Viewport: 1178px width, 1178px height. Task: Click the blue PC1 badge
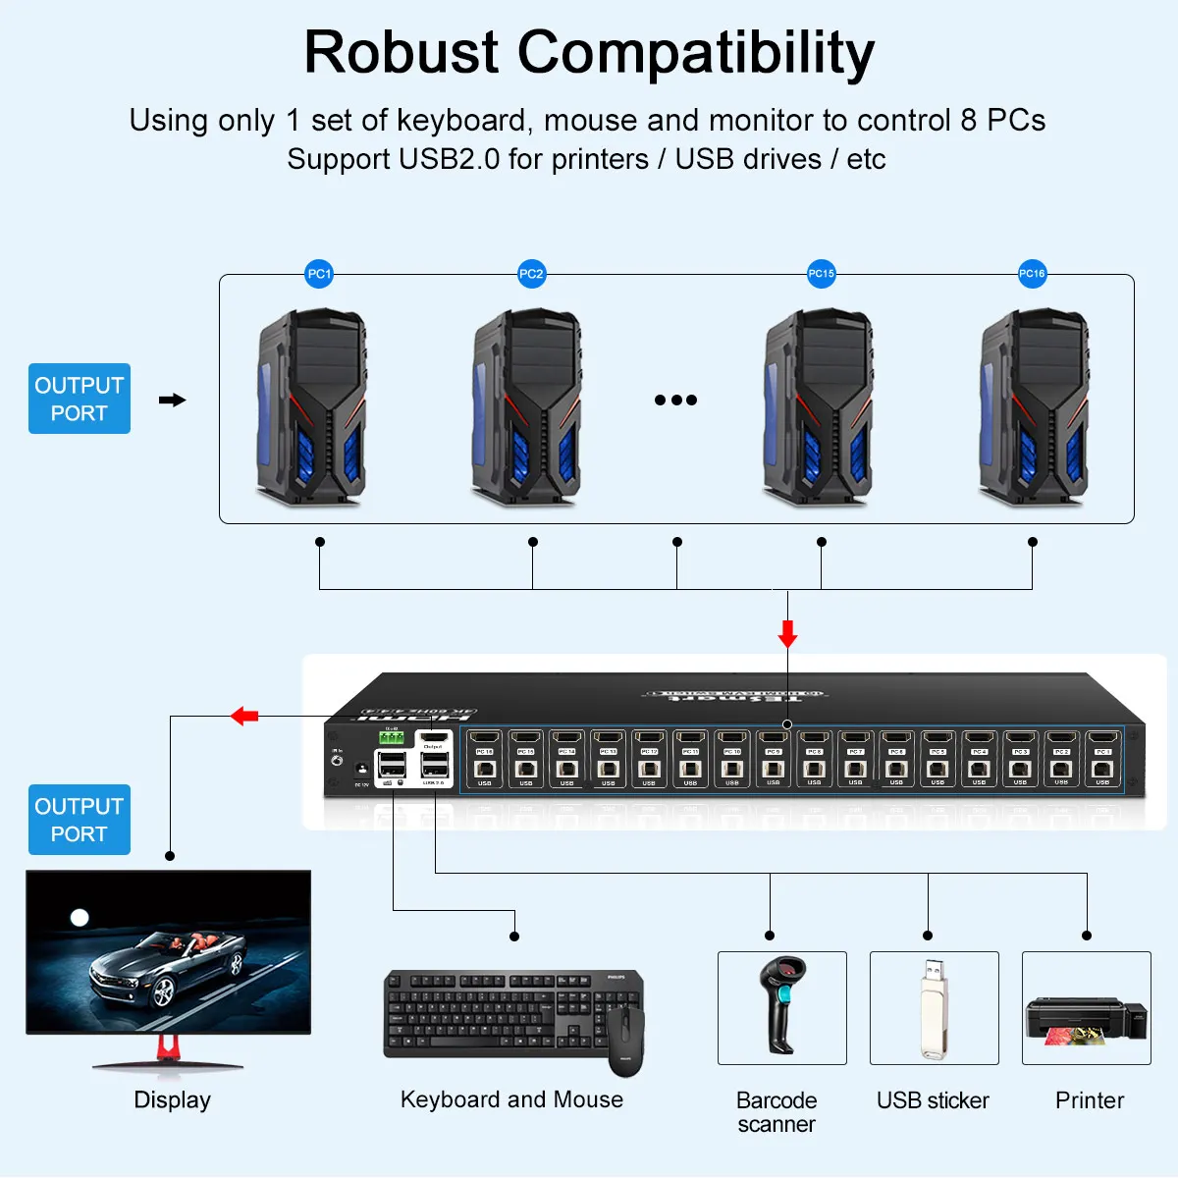(x=319, y=274)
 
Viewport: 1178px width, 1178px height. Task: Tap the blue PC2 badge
(x=531, y=274)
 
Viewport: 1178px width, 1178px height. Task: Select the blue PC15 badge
(x=821, y=274)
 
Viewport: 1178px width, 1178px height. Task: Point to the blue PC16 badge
(x=1032, y=274)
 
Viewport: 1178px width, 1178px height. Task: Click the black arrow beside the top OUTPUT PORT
(x=172, y=400)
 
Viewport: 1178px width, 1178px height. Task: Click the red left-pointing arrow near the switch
(x=244, y=716)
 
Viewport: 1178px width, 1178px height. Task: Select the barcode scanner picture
(x=781, y=1006)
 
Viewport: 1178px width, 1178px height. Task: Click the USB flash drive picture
(x=934, y=1007)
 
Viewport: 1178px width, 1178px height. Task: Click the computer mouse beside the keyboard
(x=625, y=1041)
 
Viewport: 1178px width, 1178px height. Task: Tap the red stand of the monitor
(x=169, y=1047)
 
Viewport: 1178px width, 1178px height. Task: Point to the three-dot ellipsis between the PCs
(x=675, y=400)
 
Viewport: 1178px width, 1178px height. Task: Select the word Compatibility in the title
(x=695, y=52)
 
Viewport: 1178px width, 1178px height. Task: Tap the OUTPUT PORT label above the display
(x=80, y=820)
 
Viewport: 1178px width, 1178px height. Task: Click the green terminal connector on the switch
(x=392, y=737)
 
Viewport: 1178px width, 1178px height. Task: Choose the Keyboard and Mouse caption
(x=511, y=1099)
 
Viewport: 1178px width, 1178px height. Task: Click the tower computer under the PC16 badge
(x=1034, y=407)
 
